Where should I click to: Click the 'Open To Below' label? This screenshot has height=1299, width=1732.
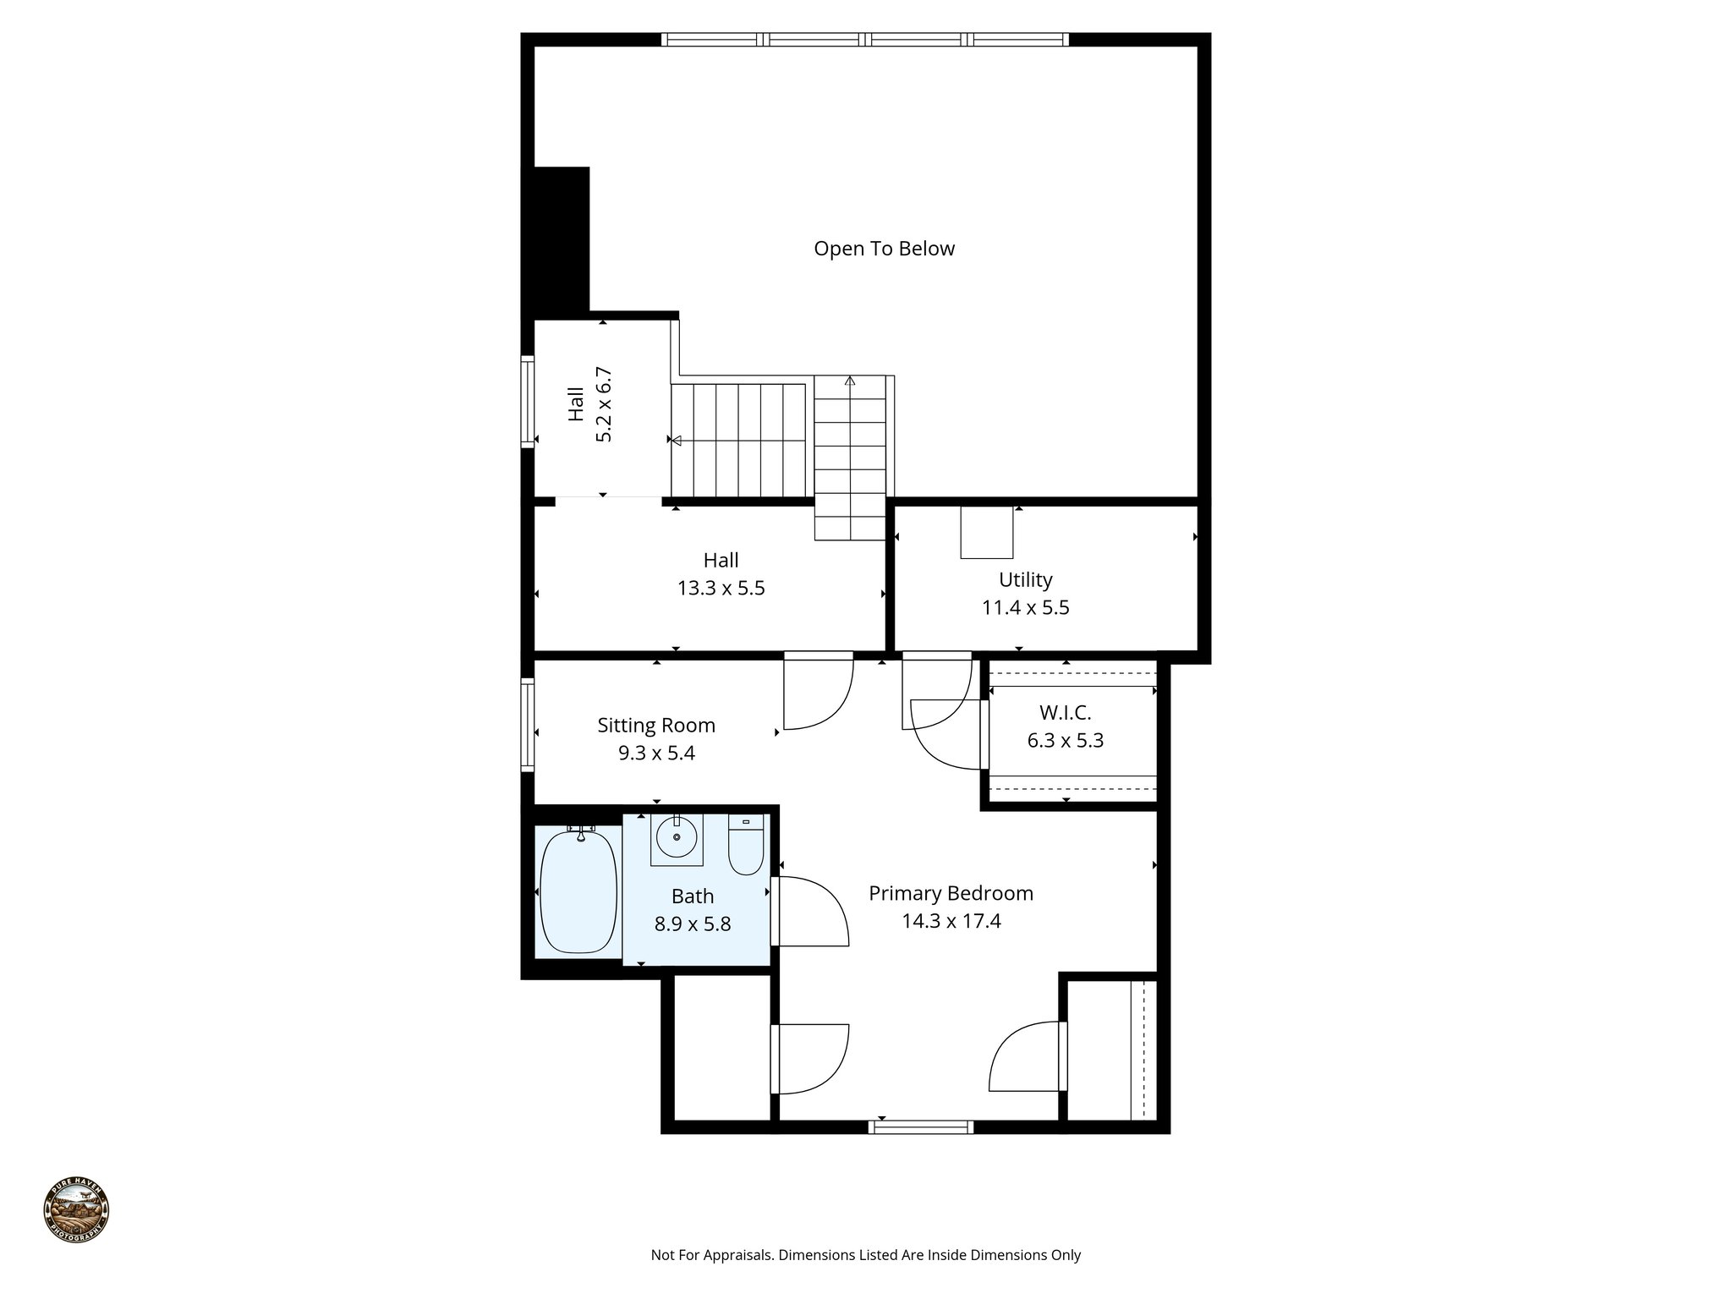click(x=884, y=249)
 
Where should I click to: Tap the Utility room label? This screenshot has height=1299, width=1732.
click(x=1025, y=580)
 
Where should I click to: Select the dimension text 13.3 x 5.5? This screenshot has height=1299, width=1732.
click(x=721, y=589)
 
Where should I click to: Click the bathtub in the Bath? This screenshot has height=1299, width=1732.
click(x=578, y=893)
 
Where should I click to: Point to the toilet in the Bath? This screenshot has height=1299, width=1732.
click(x=746, y=846)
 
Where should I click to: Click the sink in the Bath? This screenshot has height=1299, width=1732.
click(x=677, y=838)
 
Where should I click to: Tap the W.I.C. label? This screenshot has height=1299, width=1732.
click(x=1065, y=713)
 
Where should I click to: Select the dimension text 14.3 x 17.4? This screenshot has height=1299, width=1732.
click(x=951, y=922)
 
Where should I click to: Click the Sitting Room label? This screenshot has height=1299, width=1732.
click(x=656, y=726)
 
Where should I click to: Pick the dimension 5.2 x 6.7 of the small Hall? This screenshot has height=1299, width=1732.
click(x=604, y=404)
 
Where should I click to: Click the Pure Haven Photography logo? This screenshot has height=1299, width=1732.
click(x=76, y=1210)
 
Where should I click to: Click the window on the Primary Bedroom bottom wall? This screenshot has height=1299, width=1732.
click(x=921, y=1126)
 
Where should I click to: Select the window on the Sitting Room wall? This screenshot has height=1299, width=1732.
click(x=527, y=726)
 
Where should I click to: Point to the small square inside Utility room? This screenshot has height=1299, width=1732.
click(x=986, y=533)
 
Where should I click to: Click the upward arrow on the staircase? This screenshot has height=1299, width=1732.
click(x=850, y=381)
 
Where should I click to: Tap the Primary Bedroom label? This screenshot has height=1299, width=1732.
click(x=951, y=894)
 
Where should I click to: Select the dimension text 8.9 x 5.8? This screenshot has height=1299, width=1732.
click(x=692, y=924)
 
